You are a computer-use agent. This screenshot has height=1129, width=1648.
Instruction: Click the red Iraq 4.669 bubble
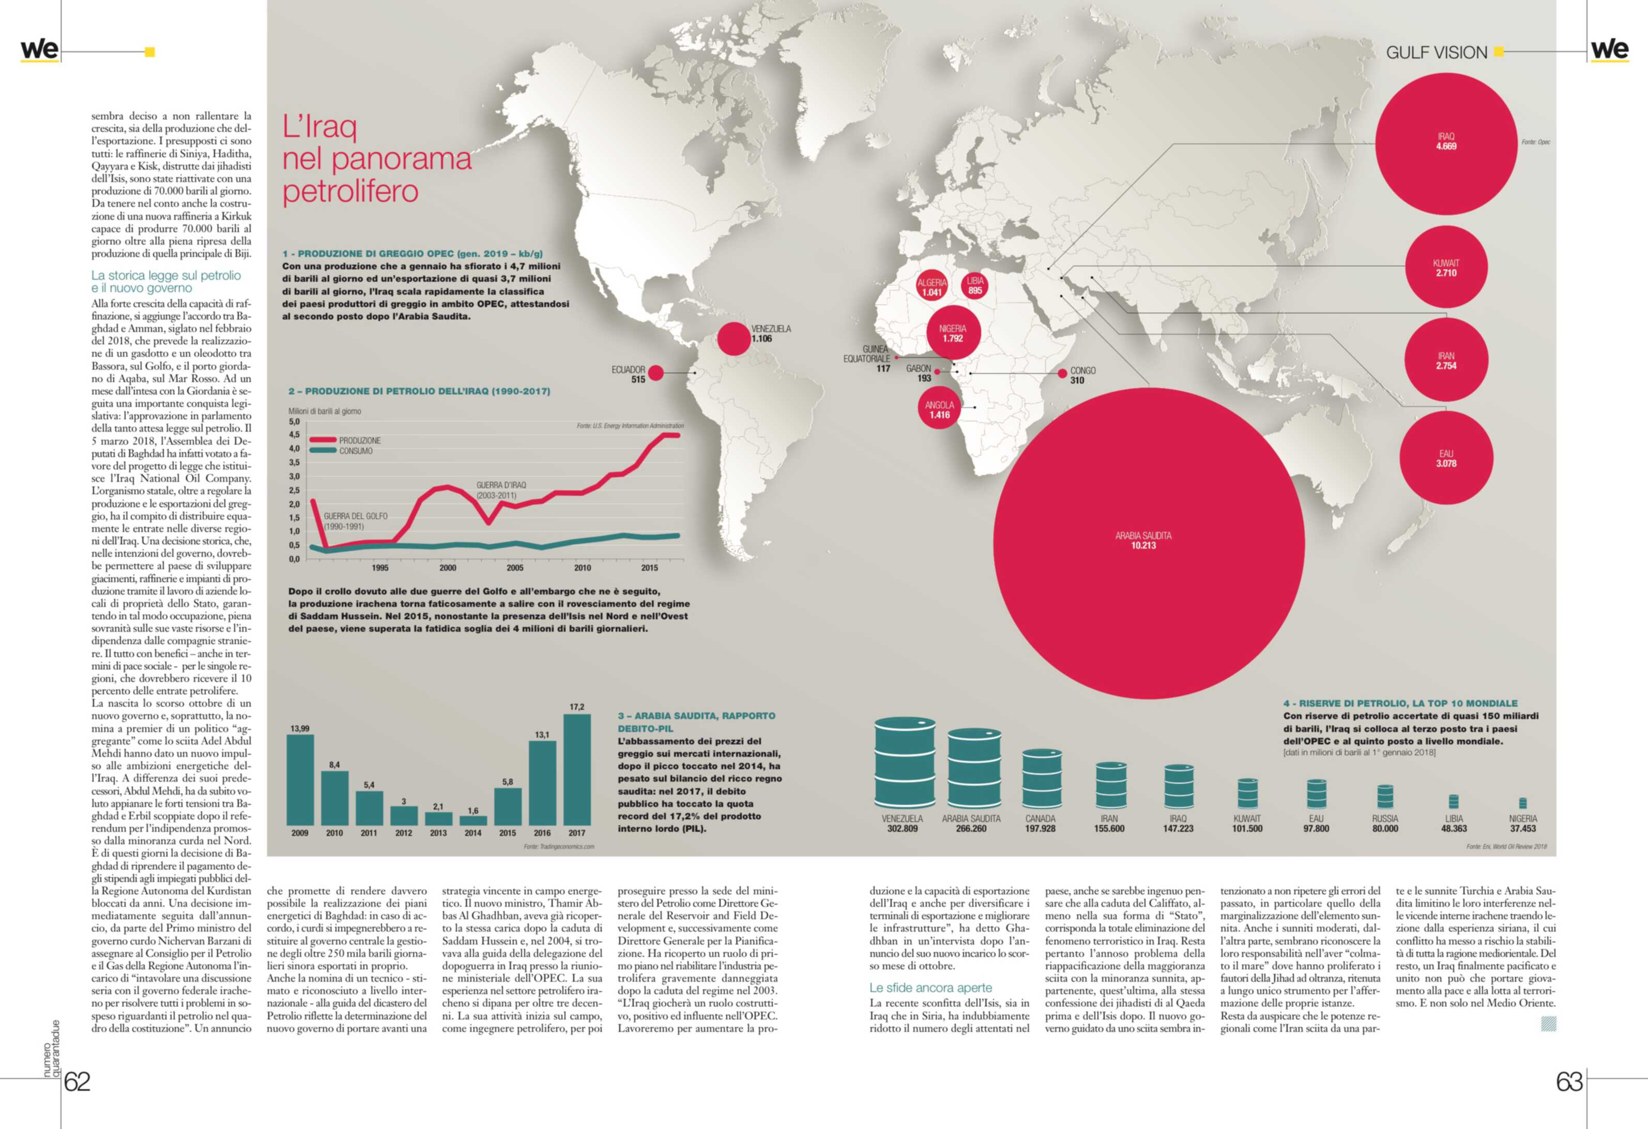1445,143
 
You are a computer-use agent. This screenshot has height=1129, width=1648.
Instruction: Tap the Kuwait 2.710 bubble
1446,267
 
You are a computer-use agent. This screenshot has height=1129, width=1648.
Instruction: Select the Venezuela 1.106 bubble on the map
733,338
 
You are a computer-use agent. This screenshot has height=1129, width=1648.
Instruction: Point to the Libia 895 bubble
975,285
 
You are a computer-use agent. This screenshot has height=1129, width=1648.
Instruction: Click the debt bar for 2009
300,780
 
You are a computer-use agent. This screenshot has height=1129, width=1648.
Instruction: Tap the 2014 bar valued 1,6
473,820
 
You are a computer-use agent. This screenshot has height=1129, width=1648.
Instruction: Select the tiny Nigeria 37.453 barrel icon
1522,803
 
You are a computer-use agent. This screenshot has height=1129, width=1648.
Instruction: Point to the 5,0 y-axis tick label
294,422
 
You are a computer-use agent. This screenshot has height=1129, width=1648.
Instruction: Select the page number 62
78,1081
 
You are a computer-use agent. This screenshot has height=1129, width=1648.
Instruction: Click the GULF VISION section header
1436,53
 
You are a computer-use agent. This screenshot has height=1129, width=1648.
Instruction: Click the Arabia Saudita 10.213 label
1143,540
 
